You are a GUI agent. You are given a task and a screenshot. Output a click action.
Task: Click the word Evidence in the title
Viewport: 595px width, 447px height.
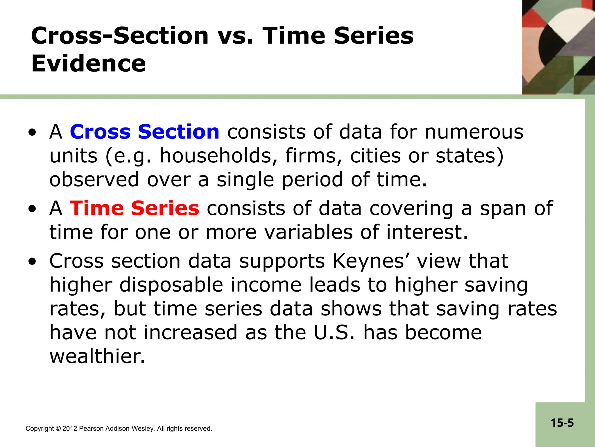tap(88, 64)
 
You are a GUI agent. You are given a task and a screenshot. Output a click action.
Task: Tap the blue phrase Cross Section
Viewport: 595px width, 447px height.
tap(144, 132)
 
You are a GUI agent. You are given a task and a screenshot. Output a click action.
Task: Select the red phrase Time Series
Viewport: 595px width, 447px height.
tap(134, 208)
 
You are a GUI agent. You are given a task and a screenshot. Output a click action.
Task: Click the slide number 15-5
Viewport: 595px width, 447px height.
tap(562, 423)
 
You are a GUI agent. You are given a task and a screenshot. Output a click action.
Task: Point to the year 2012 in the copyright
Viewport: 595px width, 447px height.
tap(70, 429)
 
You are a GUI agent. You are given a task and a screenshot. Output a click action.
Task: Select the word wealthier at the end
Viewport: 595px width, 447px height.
tap(97, 356)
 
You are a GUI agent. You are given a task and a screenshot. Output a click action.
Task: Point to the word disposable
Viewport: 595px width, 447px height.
tap(171, 285)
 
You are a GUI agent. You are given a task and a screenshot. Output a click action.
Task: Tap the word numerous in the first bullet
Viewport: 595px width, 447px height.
tap(474, 132)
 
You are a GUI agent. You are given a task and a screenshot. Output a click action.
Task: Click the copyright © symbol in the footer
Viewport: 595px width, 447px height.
tap(58, 429)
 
